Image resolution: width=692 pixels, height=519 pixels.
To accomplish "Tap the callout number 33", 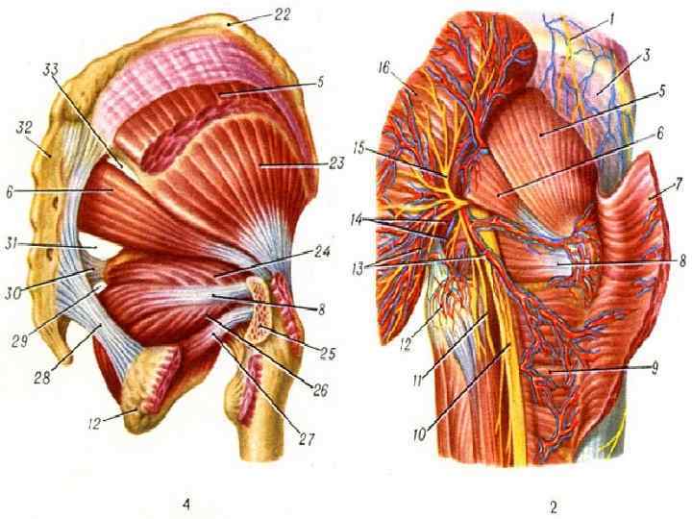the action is (52, 68).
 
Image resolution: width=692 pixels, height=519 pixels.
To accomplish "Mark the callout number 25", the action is (327, 353).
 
